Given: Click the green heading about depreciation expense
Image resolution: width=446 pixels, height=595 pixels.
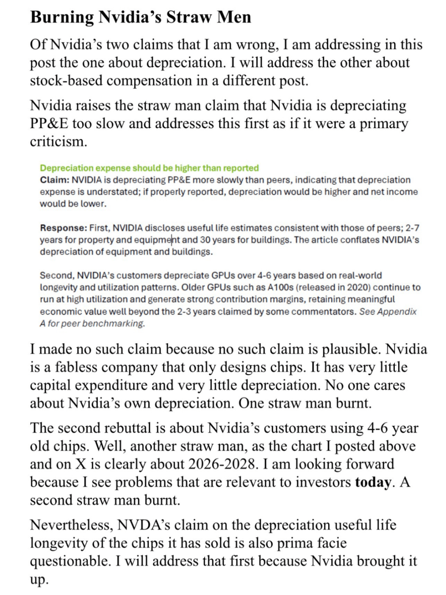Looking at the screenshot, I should point(149,168).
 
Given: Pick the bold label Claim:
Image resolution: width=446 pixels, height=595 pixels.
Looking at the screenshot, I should point(55,180).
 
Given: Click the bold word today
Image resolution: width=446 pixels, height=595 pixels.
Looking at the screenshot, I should point(372,482).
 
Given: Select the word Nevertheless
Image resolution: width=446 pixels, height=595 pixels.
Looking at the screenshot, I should point(71,525).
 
